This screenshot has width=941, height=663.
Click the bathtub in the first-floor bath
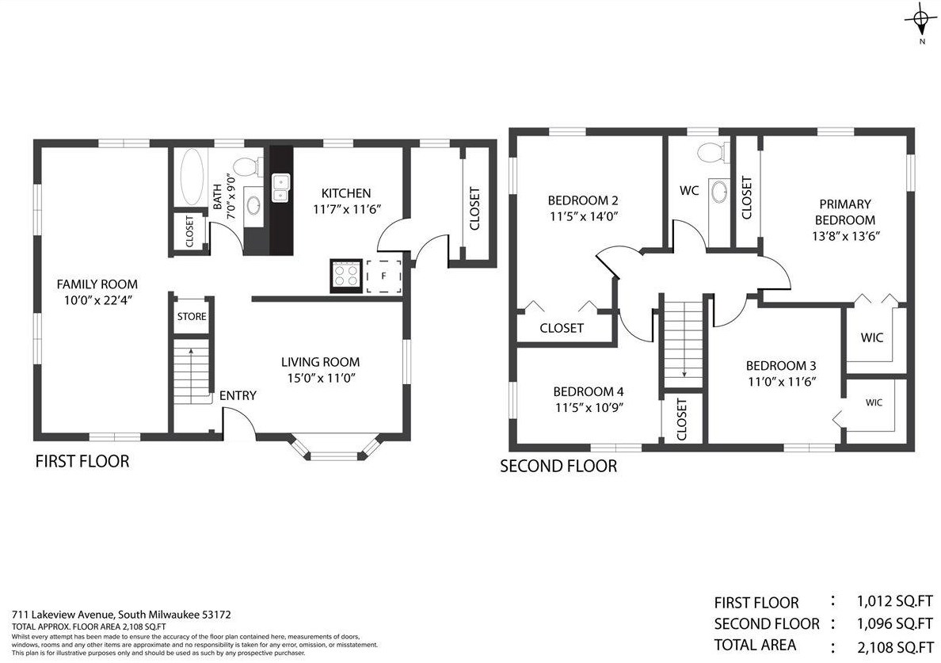pyautogui.click(x=192, y=177)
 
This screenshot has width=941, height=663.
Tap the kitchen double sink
pyautogui.click(x=281, y=189)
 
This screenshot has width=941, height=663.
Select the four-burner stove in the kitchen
pyautogui.click(x=346, y=276)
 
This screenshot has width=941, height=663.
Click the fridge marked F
pyautogui.click(x=383, y=276)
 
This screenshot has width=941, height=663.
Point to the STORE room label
pyautogui.click(x=192, y=316)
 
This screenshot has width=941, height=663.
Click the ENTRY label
pyautogui.click(x=238, y=395)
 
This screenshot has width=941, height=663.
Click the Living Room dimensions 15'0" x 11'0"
pyautogui.click(x=321, y=378)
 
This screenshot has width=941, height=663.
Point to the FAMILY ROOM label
pyautogui.click(x=97, y=284)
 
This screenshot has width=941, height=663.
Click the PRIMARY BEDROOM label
pyautogui.click(x=845, y=211)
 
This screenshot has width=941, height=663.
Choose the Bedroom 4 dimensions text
pyautogui.click(x=589, y=408)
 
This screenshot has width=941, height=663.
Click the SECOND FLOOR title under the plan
pyautogui.click(x=558, y=467)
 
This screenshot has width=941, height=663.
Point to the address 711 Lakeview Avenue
pyautogui.click(x=63, y=615)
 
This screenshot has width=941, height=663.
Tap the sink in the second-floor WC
pyautogui.click(x=718, y=192)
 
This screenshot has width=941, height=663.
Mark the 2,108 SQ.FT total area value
pyautogui.click(x=895, y=647)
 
